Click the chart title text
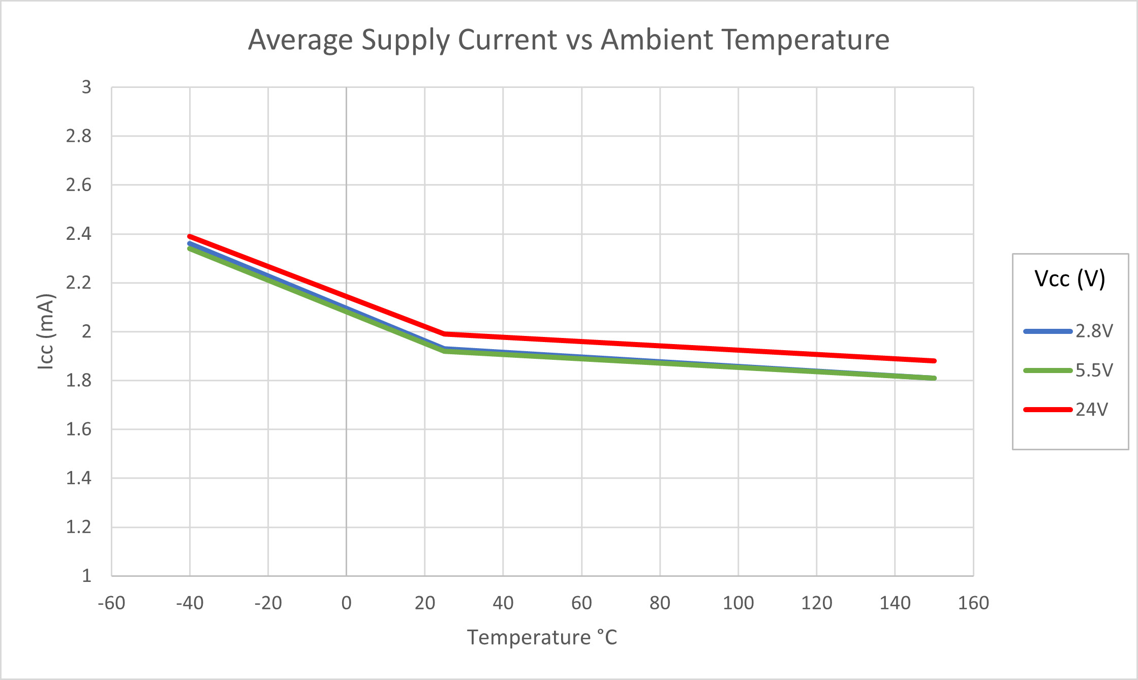569,40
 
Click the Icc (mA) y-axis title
46,331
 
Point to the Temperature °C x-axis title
542,637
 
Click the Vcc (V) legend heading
1070,279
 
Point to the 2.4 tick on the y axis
79,234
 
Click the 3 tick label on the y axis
86,87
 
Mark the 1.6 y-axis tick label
79,429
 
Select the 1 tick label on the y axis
86,576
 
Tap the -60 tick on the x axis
111,603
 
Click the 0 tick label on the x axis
347,603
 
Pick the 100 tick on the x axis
738,603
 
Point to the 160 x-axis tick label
973,603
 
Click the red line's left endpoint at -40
190,236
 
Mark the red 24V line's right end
934,361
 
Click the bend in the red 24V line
445,334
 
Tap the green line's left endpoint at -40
190,249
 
